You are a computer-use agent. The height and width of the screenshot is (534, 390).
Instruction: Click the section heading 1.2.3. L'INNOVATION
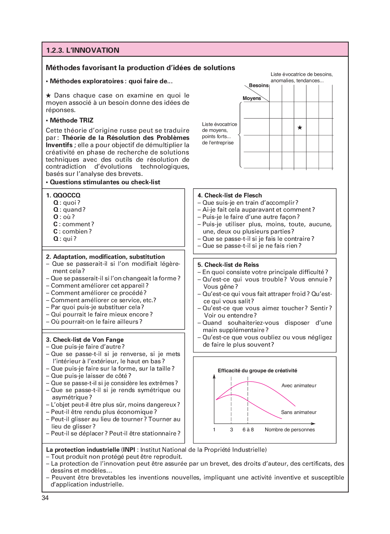83,50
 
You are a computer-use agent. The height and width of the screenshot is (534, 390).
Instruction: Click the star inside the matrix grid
300,128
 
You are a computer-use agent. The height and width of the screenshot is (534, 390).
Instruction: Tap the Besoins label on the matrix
259,85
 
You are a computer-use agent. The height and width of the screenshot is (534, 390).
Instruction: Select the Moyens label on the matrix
252,98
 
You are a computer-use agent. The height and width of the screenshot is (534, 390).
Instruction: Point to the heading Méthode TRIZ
71,120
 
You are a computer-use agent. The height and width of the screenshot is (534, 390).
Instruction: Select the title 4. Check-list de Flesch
229,195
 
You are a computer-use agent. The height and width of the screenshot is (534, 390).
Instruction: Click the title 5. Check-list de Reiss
228,265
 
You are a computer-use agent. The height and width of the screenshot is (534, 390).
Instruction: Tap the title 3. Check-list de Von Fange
85,340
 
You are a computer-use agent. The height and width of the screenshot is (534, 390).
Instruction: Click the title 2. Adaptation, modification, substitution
105,257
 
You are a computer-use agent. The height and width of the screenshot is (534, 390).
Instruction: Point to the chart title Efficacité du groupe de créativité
257,371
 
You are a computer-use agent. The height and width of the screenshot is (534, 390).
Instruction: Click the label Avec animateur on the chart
299,385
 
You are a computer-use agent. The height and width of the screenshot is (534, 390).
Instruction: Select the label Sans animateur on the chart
298,412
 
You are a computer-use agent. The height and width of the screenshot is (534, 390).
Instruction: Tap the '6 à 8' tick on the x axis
248,430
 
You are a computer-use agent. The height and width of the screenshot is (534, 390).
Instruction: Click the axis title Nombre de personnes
290,430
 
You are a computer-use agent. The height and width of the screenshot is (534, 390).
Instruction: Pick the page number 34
45,498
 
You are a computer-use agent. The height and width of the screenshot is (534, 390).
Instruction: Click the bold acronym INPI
129,450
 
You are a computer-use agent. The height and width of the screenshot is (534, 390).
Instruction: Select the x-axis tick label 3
231,430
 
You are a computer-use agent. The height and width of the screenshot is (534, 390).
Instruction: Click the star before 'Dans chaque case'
49,95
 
